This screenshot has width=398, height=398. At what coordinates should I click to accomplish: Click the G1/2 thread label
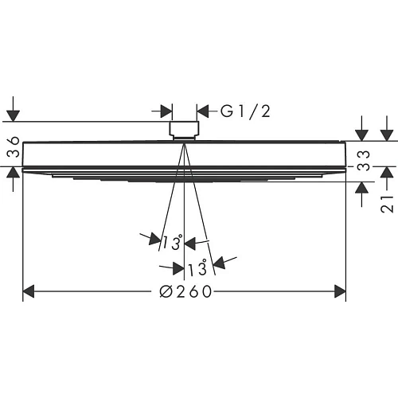coord(245,111)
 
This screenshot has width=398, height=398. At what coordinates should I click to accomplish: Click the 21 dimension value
coord(388,203)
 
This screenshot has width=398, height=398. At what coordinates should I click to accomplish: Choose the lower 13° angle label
coord(197,267)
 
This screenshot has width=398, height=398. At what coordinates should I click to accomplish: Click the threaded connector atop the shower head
coord(185,129)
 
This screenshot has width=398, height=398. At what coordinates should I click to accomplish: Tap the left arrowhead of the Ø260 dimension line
coord(29,292)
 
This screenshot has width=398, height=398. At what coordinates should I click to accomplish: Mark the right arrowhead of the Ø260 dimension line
coord(340,292)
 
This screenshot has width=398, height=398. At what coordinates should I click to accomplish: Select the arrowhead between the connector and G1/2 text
coord(202,111)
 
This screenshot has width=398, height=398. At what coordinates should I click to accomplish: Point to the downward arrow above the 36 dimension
coord(13,115)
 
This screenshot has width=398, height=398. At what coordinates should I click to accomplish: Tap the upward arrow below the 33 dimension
coord(362,188)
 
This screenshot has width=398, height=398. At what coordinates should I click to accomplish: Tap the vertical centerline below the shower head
coord(185,239)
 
